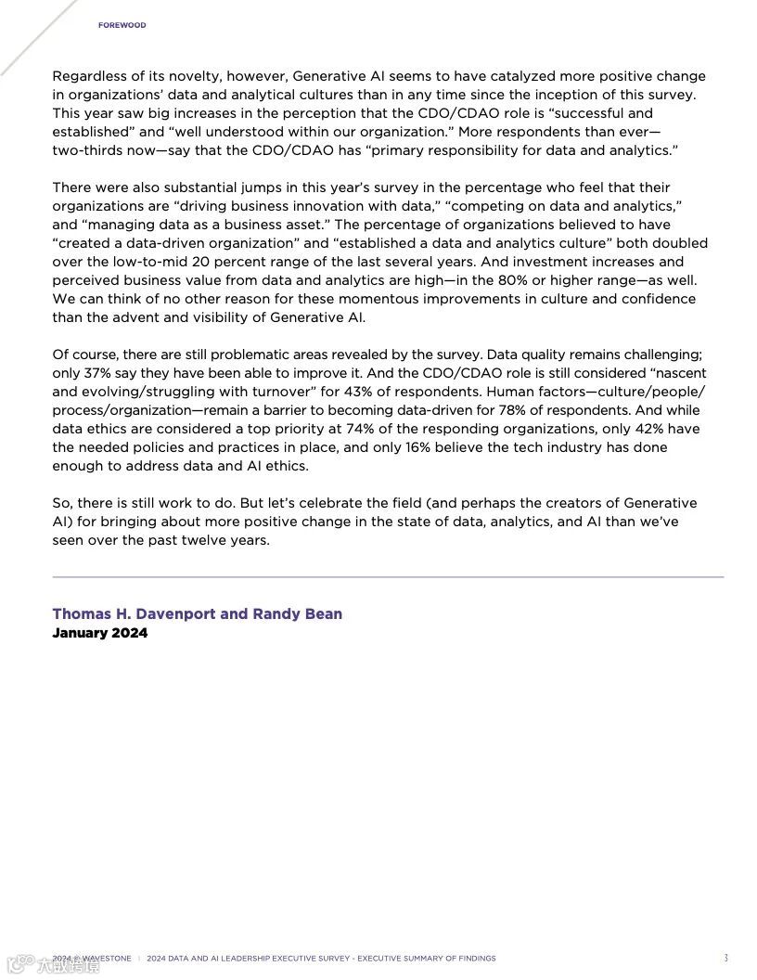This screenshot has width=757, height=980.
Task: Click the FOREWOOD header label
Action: [122, 25]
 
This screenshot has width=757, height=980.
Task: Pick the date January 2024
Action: [99, 633]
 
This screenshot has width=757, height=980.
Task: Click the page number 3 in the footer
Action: [725, 958]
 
